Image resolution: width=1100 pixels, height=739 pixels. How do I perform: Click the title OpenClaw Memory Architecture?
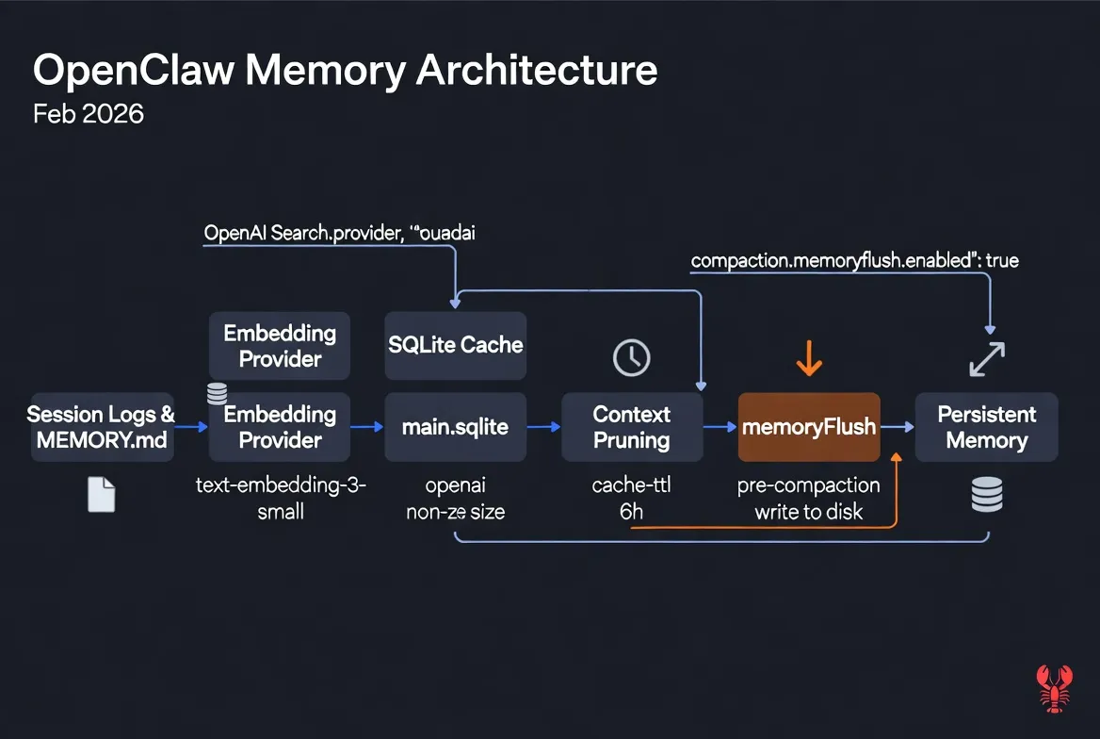point(345,72)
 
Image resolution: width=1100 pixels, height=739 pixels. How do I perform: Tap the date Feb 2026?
point(89,114)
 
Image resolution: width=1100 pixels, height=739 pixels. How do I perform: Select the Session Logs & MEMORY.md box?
point(102,427)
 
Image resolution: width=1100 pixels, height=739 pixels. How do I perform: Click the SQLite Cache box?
point(456,345)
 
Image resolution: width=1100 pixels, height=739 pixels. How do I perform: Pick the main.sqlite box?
point(456,427)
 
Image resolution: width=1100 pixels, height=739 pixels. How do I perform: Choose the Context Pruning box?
point(632,427)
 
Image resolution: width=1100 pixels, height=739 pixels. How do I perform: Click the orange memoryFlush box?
point(809,427)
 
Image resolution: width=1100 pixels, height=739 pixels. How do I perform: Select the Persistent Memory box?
point(987,427)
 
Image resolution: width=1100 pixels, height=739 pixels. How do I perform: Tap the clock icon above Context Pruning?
point(632,357)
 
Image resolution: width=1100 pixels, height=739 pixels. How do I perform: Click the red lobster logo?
point(1055,687)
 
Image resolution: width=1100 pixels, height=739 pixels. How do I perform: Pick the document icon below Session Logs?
point(101,494)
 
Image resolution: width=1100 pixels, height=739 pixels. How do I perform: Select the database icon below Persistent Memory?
point(987,494)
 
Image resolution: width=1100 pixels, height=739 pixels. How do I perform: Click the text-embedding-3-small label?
point(280,500)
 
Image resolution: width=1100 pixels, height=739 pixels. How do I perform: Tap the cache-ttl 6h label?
point(632,500)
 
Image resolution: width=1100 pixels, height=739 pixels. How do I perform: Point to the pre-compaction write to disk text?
point(809,500)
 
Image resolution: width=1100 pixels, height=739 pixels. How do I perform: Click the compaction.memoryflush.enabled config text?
point(854,260)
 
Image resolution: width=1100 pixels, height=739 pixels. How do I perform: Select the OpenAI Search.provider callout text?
point(339,234)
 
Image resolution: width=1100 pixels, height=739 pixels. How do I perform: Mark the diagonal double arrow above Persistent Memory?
point(987,359)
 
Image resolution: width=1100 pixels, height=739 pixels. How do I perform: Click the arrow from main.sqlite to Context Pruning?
point(543,427)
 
